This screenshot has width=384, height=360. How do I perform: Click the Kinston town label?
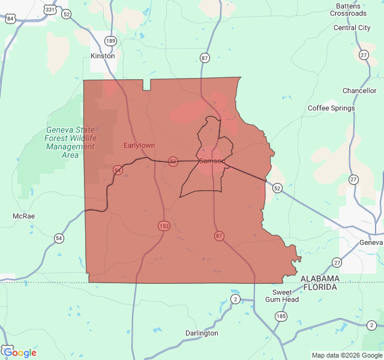[x=102, y=56]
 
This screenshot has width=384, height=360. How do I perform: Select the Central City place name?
[x=352, y=28]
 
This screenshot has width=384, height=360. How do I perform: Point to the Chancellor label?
[x=359, y=91]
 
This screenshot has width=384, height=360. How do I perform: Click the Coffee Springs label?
[x=331, y=108]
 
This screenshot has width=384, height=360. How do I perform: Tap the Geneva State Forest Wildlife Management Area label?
[x=70, y=142]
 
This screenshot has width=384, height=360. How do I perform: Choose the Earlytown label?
[x=139, y=146]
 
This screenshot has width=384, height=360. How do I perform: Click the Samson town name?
[x=211, y=161]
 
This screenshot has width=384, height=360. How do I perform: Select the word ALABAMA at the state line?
[x=320, y=279]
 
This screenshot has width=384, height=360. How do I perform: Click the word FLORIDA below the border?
[x=319, y=287]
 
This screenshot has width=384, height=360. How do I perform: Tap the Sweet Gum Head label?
[x=281, y=296]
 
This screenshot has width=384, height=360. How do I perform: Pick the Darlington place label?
[x=202, y=333]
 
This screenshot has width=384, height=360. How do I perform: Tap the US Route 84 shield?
[x=10, y=19]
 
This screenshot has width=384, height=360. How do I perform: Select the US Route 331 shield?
[x=50, y=10]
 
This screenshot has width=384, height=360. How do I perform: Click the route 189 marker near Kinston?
[x=110, y=41]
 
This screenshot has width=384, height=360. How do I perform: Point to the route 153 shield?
[x=164, y=226]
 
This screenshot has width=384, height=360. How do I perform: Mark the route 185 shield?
[x=280, y=316]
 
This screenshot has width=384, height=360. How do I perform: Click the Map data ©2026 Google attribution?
[x=347, y=355]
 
